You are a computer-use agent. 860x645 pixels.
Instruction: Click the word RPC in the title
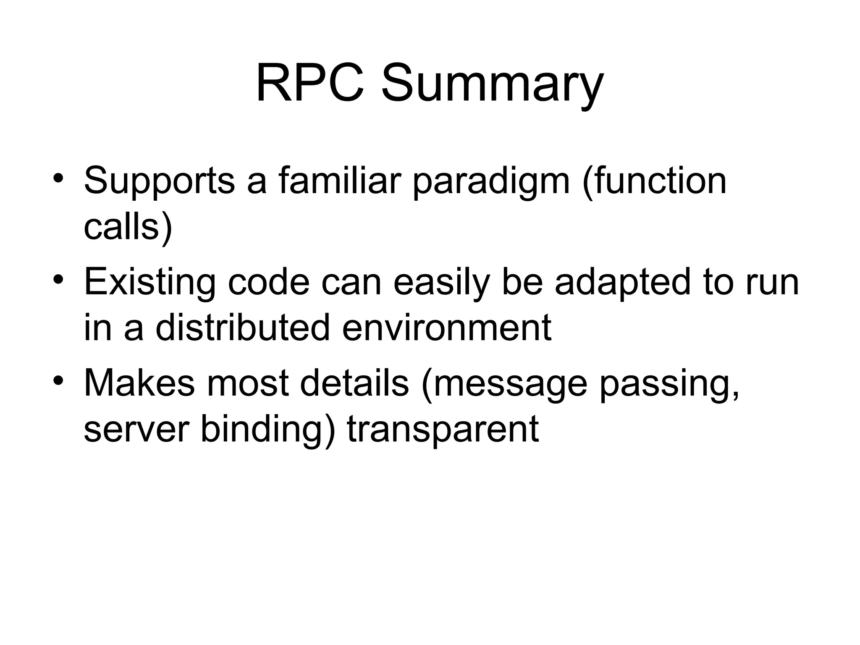309,83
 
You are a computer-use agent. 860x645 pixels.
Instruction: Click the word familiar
339,181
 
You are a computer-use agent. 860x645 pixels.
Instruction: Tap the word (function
654,181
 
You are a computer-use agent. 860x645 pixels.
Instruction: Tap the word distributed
243,328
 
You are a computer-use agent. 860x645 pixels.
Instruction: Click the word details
354,383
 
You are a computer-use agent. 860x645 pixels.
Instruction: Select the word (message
503,385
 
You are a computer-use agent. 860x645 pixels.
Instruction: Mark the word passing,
669,385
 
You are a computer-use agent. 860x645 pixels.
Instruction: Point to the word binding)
268,431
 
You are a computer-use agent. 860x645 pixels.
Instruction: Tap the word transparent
443,431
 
